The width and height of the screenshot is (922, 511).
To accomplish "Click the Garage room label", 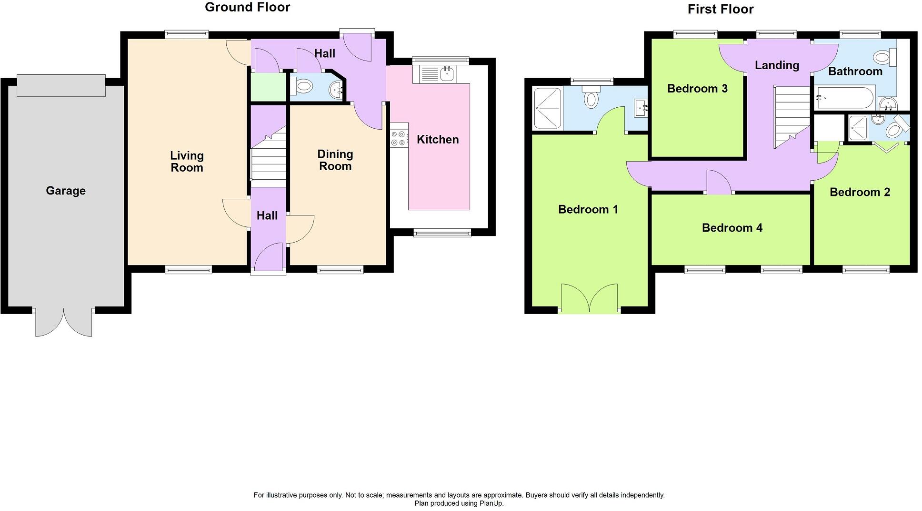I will (66, 191).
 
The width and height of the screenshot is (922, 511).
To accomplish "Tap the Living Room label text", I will (187, 162).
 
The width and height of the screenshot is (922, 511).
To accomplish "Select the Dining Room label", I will (335, 160).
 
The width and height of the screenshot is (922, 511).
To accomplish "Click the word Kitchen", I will (438, 140).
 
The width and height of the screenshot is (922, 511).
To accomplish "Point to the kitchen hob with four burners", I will (399, 138).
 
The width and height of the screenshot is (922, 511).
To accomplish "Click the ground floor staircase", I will (268, 160).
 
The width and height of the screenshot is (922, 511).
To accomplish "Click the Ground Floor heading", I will (247, 7).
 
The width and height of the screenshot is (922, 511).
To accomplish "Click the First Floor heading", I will (720, 9).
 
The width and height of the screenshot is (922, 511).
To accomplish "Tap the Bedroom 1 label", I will (588, 209).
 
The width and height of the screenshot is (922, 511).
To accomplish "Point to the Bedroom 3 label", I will (697, 89).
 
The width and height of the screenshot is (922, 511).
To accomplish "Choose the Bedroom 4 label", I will (732, 228).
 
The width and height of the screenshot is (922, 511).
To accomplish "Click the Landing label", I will (777, 65).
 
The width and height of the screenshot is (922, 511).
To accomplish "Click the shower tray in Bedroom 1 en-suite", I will (548, 108).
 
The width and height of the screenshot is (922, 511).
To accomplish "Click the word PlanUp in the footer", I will (491, 503).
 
